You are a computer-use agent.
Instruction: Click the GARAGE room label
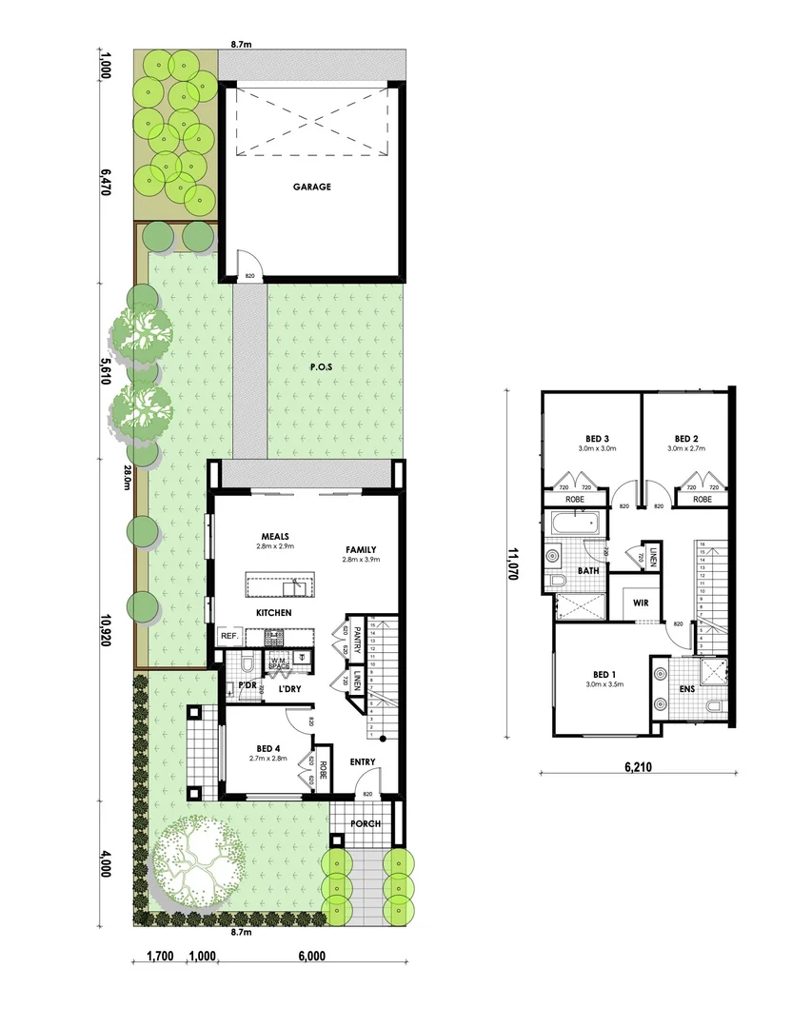[x=312, y=187]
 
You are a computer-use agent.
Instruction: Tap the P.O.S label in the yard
[x=321, y=366]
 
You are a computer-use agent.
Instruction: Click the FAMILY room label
[x=361, y=549]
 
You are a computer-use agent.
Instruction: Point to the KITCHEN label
[x=273, y=612]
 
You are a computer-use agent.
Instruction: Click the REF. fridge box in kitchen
[x=228, y=636]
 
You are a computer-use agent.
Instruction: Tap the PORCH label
[x=366, y=823]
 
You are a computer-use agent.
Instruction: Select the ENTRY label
[x=363, y=761]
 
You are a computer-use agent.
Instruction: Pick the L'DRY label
[x=290, y=688]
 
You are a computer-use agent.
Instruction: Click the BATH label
[x=589, y=571]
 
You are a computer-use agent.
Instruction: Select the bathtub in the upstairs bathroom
[x=571, y=522]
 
